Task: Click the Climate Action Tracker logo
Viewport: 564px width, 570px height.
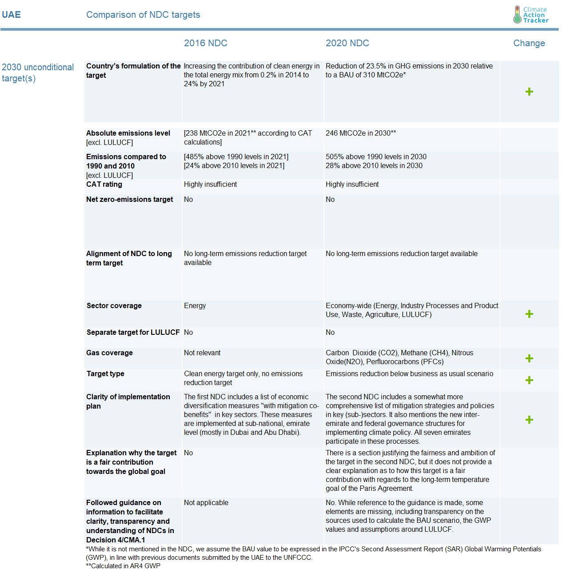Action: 531,15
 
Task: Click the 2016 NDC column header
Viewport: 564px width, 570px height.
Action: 205,43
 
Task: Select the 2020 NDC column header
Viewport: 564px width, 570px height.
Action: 347,43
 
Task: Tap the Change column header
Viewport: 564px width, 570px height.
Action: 529,43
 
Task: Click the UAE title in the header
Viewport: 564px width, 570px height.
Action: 11,15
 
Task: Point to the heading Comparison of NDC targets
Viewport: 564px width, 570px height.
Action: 143,15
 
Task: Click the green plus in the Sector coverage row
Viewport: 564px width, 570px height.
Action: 529,314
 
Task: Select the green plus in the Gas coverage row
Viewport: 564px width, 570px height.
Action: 529,358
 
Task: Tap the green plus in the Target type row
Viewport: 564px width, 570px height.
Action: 529,380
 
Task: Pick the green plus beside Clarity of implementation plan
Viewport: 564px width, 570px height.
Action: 529,420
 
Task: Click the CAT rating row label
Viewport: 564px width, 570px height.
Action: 104,184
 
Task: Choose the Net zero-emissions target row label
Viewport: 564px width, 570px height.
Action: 129,199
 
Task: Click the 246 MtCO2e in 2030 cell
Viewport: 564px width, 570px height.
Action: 360,133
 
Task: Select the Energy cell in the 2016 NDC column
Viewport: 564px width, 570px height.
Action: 195,305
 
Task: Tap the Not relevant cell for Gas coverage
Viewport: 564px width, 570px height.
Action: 202,353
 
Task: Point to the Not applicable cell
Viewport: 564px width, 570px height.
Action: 206,502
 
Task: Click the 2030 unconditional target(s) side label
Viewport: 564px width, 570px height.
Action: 38,72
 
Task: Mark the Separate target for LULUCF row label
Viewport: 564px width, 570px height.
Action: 133,332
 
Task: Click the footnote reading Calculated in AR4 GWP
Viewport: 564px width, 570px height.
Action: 123,566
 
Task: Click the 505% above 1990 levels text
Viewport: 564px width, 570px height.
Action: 376,157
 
